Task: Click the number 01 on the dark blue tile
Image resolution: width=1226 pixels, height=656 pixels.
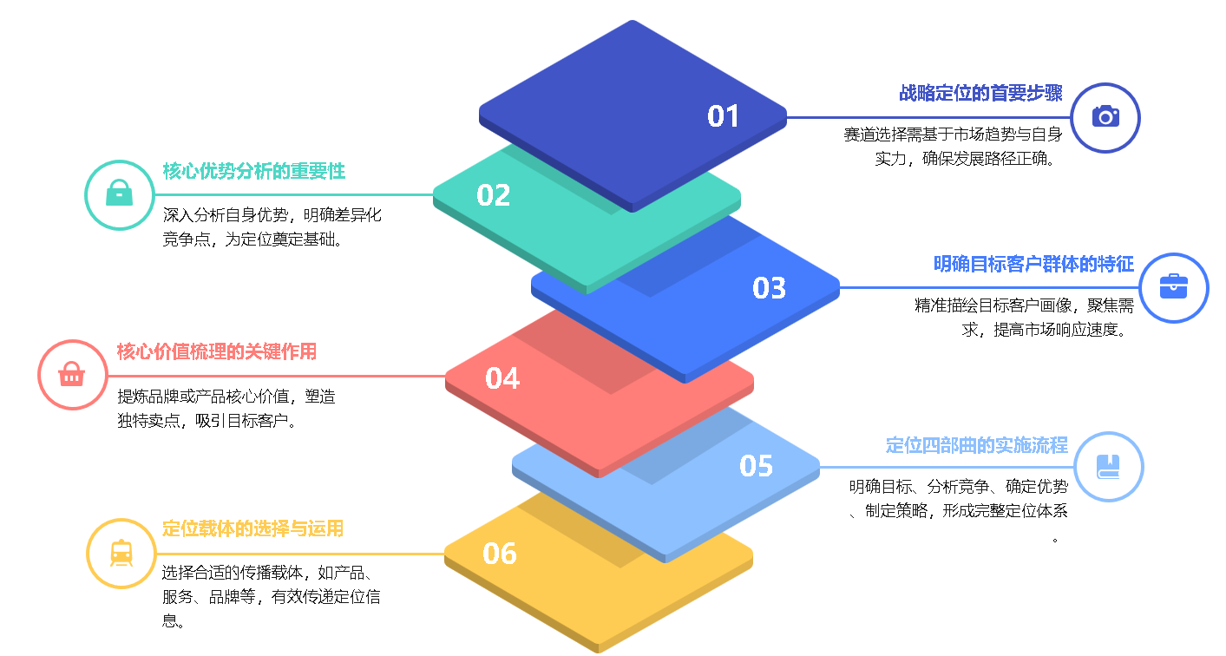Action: click(723, 116)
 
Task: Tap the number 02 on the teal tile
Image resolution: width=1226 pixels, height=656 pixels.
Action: click(493, 195)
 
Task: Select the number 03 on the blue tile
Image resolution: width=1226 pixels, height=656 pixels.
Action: click(769, 288)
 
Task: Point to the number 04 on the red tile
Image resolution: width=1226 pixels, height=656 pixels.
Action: click(502, 378)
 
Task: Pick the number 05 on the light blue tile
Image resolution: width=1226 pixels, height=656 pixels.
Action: click(756, 466)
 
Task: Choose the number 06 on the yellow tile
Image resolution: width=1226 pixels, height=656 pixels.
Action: click(500, 554)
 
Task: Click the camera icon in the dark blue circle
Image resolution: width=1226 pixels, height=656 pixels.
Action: click(1105, 117)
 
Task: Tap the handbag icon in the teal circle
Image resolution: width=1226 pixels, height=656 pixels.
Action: click(119, 194)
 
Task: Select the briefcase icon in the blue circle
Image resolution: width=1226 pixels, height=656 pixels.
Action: click(1173, 287)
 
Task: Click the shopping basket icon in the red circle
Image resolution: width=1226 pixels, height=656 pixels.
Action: click(72, 375)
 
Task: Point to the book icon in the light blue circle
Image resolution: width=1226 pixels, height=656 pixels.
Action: click(1109, 467)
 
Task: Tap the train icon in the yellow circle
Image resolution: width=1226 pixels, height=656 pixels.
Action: click(121, 553)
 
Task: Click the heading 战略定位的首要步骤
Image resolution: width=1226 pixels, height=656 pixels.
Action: click(980, 94)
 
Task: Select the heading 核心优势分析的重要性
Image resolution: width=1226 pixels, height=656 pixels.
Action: click(254, 172)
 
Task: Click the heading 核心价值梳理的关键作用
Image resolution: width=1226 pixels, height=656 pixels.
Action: click(217, 351)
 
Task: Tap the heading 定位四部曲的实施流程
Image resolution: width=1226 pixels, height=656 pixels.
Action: click(976, 445)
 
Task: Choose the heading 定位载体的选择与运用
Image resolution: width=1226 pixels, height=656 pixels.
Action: click(253, 528)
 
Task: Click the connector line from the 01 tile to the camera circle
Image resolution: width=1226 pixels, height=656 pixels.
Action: click(928, 117)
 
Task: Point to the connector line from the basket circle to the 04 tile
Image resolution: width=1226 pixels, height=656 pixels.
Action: click(278, 376)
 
